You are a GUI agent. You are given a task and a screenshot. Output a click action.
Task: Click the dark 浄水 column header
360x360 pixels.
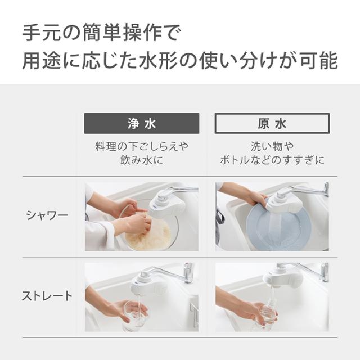[x=142, y=123]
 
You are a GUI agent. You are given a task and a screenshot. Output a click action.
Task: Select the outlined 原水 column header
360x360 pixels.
[x=272, y=123]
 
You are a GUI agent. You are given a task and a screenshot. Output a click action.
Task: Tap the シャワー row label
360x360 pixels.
[x=47, y=215]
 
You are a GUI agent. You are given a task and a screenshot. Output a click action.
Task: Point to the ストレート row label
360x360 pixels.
[x=47, y=296]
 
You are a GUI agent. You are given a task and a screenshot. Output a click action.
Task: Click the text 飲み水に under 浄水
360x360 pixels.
[x=142, y=160]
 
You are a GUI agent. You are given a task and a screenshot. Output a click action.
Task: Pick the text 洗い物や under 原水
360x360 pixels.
[x=272, y=146]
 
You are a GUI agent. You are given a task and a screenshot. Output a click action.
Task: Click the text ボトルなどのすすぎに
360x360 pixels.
[x=272, y=160]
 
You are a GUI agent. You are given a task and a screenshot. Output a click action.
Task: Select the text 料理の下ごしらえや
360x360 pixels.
[x=142, y=146]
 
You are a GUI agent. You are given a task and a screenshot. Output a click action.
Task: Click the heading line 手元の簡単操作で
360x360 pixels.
[x=102, y=33]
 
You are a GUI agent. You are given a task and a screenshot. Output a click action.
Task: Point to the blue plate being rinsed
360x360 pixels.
[x=278, y=228]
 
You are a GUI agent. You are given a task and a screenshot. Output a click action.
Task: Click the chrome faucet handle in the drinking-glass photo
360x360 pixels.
[x=188, y=273]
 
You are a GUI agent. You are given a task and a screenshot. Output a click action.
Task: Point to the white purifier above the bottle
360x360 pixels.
[x=282, y=277]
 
